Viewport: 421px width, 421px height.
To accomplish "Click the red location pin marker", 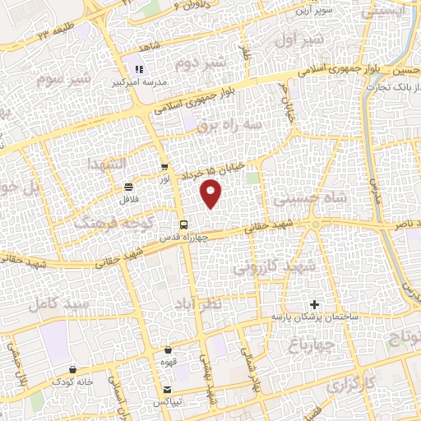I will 212,193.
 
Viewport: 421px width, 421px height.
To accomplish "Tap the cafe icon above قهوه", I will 168,349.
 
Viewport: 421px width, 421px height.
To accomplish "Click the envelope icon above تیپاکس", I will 168,389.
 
